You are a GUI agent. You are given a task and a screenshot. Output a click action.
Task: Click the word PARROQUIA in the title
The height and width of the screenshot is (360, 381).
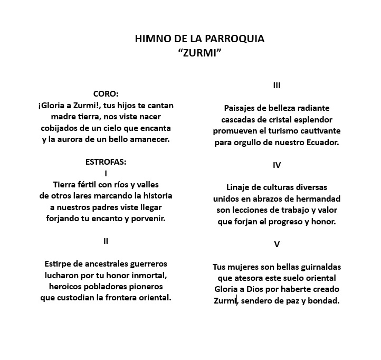(x=234, y=39)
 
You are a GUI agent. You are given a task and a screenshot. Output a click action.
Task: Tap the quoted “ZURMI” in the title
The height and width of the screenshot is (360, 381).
(x=200, y=53)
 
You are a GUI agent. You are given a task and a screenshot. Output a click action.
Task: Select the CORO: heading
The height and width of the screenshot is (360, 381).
(x=106, y=93)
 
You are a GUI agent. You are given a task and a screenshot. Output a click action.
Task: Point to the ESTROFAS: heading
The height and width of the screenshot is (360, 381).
(x=106, y=162)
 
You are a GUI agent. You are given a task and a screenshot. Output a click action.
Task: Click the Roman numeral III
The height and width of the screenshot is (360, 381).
(x=277, y=85)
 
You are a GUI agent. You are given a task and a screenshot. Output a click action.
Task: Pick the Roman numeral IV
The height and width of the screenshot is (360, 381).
(x=277, y=165)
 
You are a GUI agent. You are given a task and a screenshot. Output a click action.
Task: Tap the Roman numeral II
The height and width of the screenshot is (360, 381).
(x=106, y=241)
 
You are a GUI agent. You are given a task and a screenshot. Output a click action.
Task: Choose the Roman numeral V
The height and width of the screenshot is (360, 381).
(x=277, y=244)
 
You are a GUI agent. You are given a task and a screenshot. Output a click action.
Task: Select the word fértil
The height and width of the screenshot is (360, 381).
(x=93, y=184)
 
